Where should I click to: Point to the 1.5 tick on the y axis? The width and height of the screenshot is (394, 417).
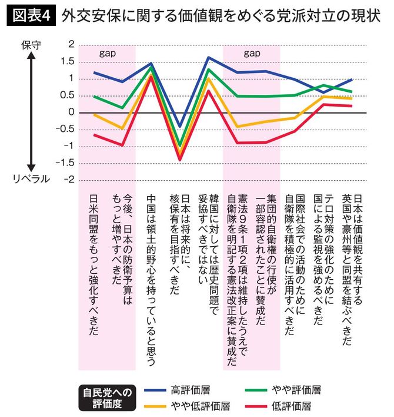click(70, 61)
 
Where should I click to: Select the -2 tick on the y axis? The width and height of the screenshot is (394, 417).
click(70, 180)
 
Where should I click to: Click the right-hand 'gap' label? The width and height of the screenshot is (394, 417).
click(252, 52)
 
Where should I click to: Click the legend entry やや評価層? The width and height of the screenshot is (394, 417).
click(297, 390)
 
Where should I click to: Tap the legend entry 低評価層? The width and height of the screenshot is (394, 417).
click(292, 406)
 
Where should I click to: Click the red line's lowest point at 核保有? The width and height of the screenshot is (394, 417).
click(180, 159)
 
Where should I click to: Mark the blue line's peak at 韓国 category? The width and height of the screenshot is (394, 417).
click(209, 58)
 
